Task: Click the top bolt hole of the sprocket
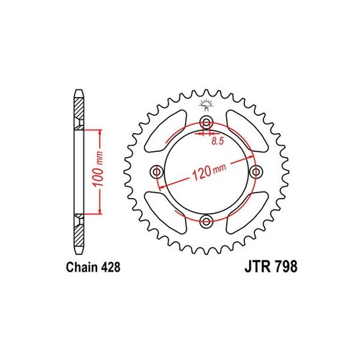(207, 122)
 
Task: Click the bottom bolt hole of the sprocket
(207, 220)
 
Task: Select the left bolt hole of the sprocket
(158, 171)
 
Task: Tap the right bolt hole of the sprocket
(256, 171)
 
